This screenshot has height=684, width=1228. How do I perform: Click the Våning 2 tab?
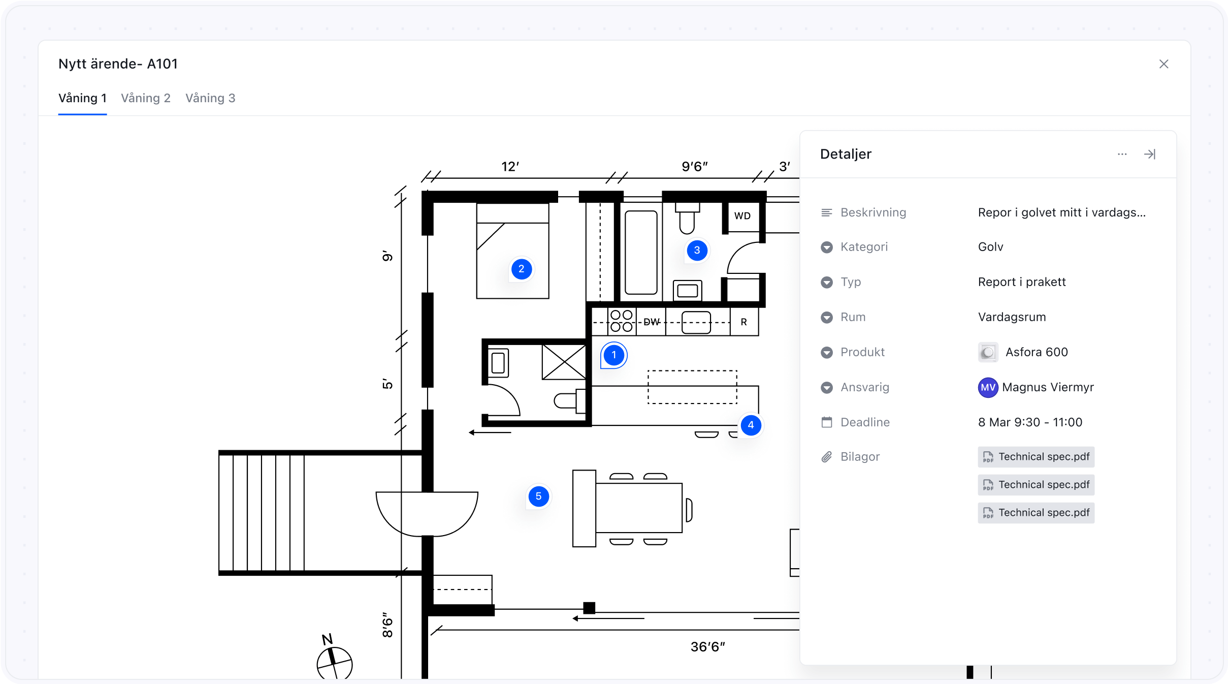(146, 98)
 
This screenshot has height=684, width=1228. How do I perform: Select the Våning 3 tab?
(210, 98)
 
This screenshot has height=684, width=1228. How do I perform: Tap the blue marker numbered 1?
(614, 355)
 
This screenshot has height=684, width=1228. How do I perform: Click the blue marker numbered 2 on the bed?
(522, 269)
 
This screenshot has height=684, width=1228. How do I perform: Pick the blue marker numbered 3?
(697, 251)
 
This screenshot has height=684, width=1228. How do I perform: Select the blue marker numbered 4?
(751, 425)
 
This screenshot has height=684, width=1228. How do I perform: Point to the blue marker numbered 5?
(539, 496)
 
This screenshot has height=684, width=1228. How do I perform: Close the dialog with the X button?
(1164, 64)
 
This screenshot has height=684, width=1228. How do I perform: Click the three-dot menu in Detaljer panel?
(1122, 154)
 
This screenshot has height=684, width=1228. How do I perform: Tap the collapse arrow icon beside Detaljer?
(1150, 154)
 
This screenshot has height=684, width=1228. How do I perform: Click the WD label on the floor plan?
(742, 216)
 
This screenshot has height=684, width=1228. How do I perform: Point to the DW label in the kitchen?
(652, 322)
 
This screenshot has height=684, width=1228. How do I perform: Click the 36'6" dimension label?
(708, 647)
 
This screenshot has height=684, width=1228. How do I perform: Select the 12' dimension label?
(510, 167)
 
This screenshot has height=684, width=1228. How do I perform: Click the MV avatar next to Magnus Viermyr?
(988, 388)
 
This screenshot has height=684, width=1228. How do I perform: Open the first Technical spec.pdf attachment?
(1036, 457)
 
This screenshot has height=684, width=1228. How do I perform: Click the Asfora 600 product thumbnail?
(988, 352)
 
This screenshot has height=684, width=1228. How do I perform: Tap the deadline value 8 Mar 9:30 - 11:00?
(1030, 422)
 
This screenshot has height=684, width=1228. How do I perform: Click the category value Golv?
(991, 247)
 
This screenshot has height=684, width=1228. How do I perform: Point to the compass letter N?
(328, 639)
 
